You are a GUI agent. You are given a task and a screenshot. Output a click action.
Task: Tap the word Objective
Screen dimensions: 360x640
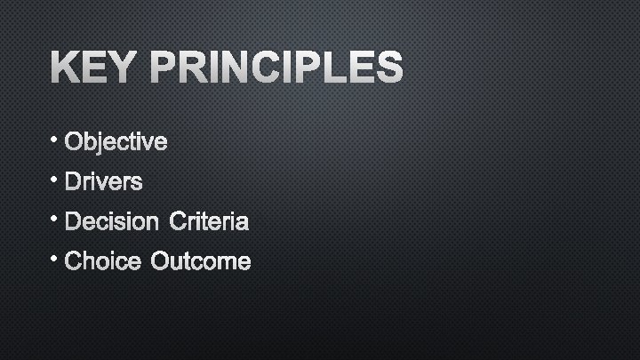coord(116,142)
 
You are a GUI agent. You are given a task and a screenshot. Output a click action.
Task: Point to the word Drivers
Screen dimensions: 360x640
coord(103,182)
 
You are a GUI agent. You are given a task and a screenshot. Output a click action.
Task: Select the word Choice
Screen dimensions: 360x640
coord(102,262)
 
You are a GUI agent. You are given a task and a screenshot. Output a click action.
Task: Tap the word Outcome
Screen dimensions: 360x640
coord(201,262)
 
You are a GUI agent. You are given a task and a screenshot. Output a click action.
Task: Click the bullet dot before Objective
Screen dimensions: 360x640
coord(55,138)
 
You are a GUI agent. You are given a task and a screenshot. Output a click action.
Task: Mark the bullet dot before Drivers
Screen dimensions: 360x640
coord(55,178)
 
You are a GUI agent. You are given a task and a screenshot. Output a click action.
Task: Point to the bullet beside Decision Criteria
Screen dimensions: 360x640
coord(55,218)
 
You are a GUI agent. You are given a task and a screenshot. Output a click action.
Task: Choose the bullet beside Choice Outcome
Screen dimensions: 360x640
coord(55,258)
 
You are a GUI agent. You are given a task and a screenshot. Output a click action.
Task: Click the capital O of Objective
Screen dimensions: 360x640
coord(74,142)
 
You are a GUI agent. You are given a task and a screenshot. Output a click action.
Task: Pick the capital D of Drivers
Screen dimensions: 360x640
coord(73,182)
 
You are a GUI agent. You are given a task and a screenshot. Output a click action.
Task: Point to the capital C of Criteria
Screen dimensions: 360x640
coord(170,222)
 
